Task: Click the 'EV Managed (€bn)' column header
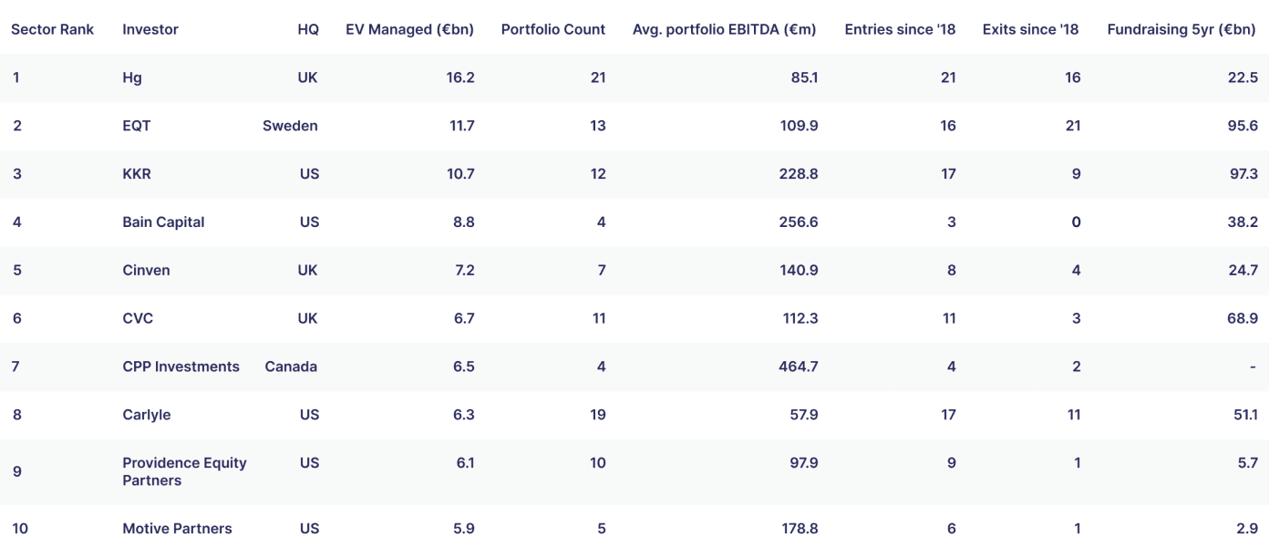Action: point(409,29)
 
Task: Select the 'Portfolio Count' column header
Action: point(553,29)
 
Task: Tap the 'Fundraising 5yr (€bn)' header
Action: point(1181,29)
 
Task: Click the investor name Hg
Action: point(132,78)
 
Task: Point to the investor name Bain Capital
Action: point(163,222)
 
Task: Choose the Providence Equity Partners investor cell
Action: point(184,471)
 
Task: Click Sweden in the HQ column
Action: point(290,126)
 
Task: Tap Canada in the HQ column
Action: point(291,366)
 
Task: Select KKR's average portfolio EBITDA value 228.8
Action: point(799,174)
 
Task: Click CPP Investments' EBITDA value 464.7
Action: point(799,366)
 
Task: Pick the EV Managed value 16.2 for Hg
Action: point(460,77)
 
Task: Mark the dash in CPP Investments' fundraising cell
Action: point(1253,366)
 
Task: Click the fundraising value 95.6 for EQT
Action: point(1243,126)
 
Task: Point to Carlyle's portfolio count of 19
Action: point(598,415)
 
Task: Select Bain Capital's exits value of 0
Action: point(1076,222)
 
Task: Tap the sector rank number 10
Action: point(20,529)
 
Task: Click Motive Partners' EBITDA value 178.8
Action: point(800,529)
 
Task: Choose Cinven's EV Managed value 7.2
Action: point(465,270)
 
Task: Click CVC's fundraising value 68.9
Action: point(1243,318)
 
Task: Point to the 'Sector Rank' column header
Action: point(52,29)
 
